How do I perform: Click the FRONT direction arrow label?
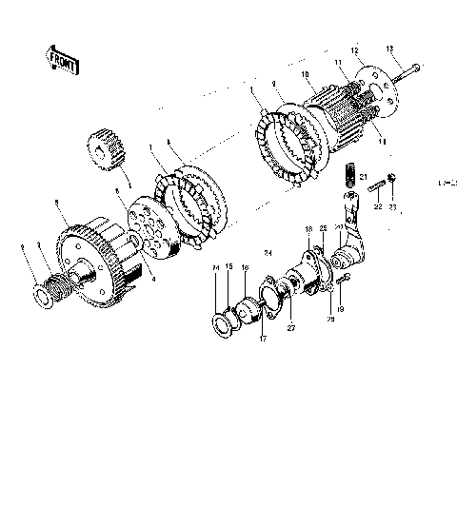tap(64, 61)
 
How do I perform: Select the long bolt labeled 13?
tap(403, 70)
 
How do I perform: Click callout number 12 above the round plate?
tap(354, 49)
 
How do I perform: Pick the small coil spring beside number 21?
tap(348, 176)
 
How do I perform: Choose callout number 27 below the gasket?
tap(290, 328)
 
